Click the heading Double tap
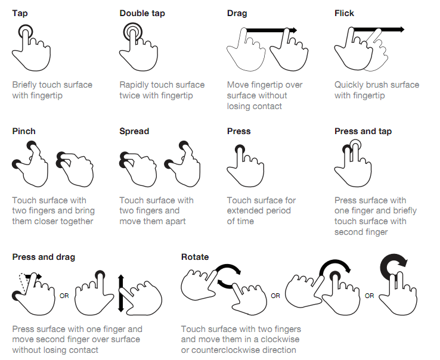[142, 14]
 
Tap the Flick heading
[344, 14]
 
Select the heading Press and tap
[363, 131]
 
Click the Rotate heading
[195, 257]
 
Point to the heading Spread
[134, 131]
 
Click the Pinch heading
[24, 131]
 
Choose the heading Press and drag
[44, 257]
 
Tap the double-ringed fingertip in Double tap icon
[134, 33]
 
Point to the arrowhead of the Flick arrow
[401, 29]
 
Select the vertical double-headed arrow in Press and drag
[121, 293]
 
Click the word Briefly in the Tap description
[27, 85]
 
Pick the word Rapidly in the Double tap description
[137, 85]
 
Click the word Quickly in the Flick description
[351, 85]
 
